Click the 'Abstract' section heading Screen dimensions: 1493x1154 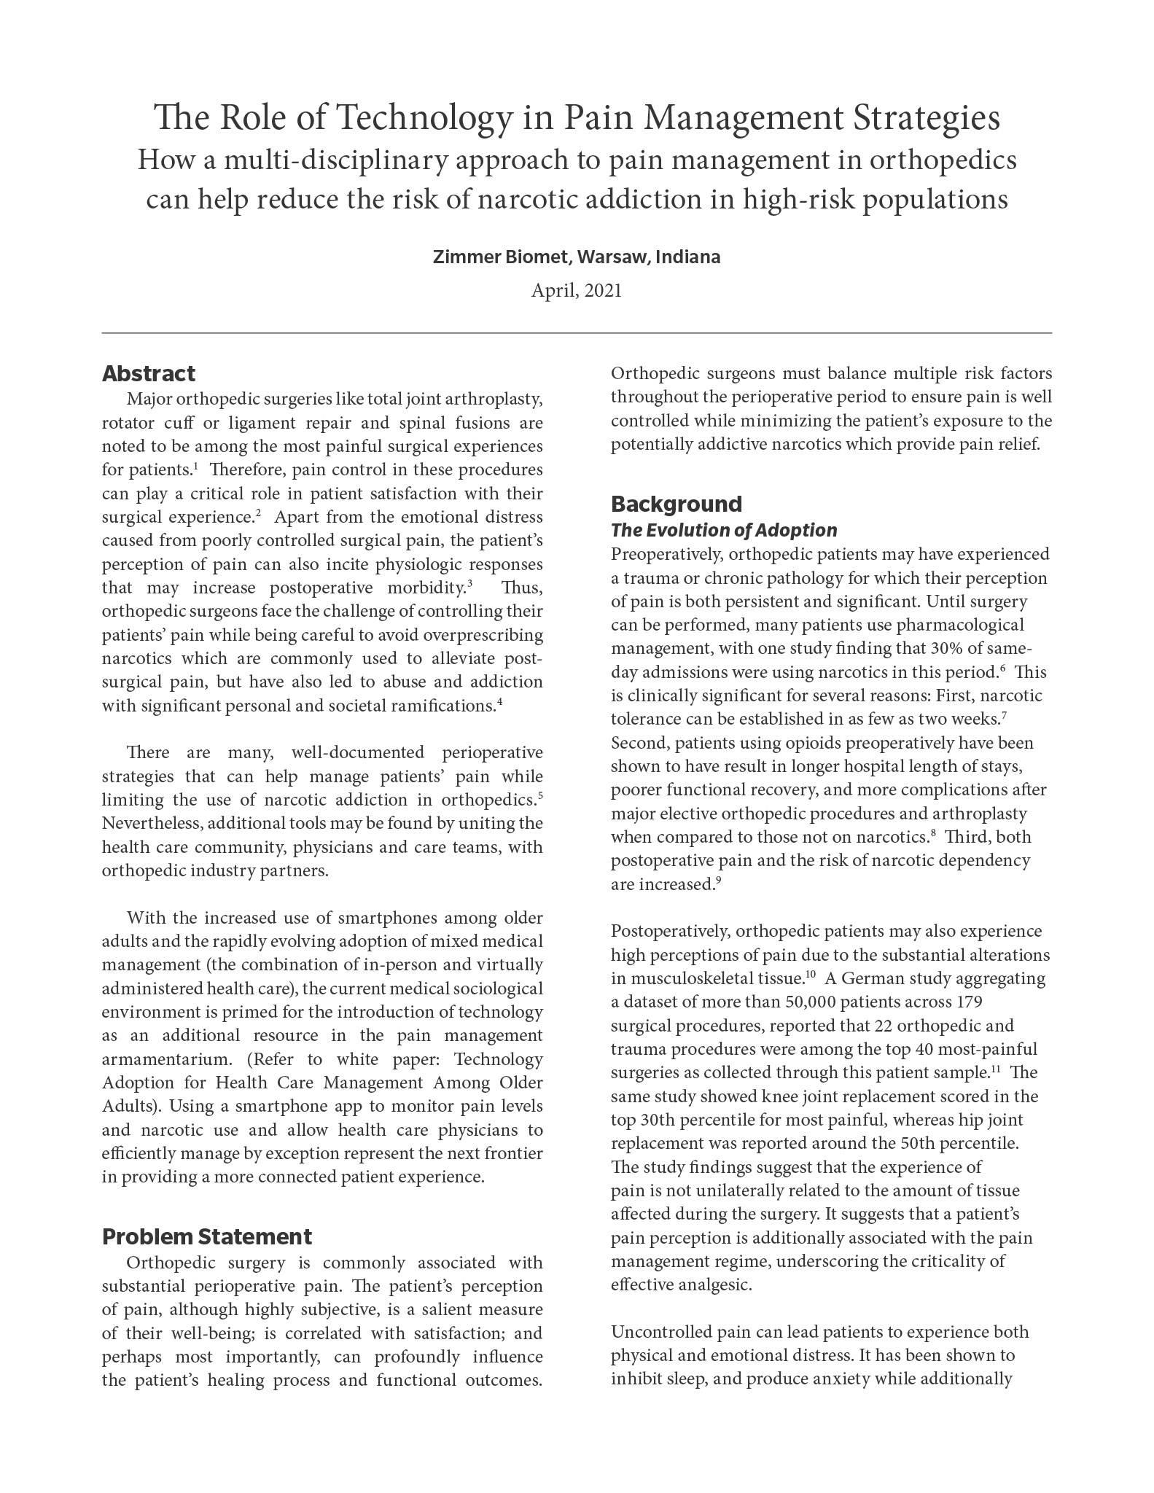(x=149, y=374)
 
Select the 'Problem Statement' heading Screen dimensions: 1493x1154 (x=207, y=1237)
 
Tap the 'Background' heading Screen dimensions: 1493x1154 (x=677, y=504)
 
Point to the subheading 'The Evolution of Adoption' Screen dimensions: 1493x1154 (x=724, y=530)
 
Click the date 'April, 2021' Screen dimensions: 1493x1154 (x=577, y=291)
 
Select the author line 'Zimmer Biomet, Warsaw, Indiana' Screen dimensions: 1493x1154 (x=577, y=257)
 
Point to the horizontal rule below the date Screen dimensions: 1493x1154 (x=577, y=333)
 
